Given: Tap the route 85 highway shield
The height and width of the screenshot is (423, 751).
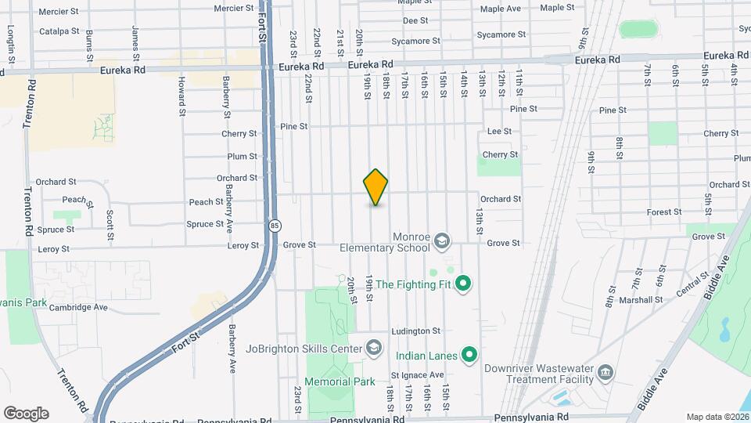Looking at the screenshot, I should [273, 226].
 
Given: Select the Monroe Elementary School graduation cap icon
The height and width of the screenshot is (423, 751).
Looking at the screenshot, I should [441, 240].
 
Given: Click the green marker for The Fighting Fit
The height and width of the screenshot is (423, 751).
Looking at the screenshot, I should [462, 284].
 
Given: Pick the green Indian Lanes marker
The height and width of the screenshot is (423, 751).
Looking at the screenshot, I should [469, 356].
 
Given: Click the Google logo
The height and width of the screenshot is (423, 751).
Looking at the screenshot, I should [26, 414].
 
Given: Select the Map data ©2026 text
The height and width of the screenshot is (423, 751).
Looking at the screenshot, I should [717, 417].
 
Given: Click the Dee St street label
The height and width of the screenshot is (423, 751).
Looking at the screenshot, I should [415, 20].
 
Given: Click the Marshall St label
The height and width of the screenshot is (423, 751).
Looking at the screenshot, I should [644, 299].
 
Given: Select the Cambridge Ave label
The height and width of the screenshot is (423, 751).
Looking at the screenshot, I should [78, 308].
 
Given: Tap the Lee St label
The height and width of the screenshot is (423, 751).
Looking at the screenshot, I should [499, 132].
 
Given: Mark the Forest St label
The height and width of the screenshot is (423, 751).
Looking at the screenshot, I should [664, 212].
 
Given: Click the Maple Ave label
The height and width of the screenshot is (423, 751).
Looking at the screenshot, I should [501, 9].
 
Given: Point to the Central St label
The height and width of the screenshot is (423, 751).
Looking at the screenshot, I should [692, 284].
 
